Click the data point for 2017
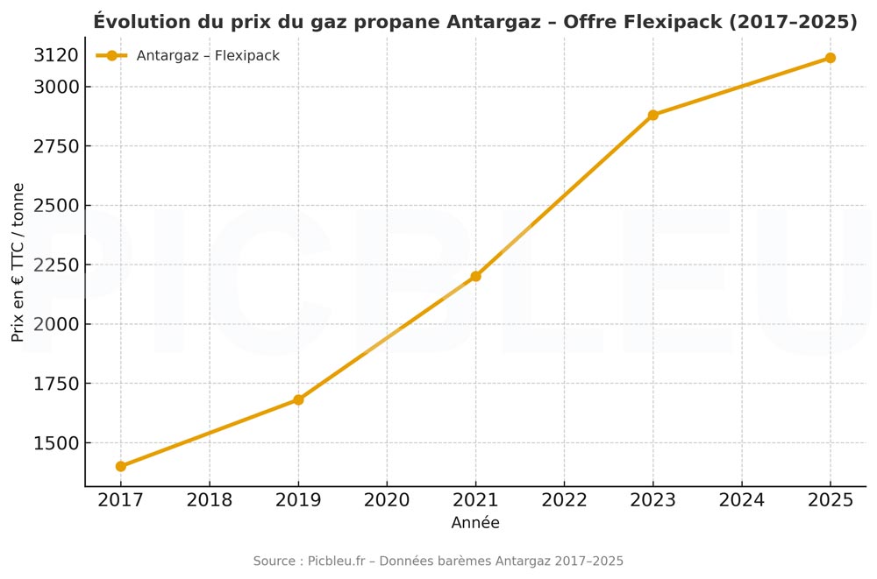pyautogui.click(x=120, y=466)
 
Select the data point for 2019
pyautogui.click(x=298, y=399)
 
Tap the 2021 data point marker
pyautogui.click(x=475, y=276)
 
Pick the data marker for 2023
pyautogui.click(x=652, y=115)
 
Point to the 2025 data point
pyautogui.click(x=830, y=58)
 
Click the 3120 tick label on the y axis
pyautogui.click(x=56, y=56)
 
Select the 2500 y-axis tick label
pyautogui.click(x=56, y=206)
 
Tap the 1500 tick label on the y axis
pyautogui.click(x=56, y=443)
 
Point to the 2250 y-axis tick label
pyautogui.click(x=56, y=265)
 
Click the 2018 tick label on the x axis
pyautogui.click(x=210, y=500)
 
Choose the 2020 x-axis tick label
pyautogui.click(x=387, y=500)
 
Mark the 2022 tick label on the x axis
pyautogui.click(x=564, y=500)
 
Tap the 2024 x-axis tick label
pyautogui.click(x=741, y=500)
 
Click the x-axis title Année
pyautogui.click(x=475, y=523)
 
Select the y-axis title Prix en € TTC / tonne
pyautogui.click(x=18, y=262)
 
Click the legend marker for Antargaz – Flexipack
pyautogui.click(x=111, y=56)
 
